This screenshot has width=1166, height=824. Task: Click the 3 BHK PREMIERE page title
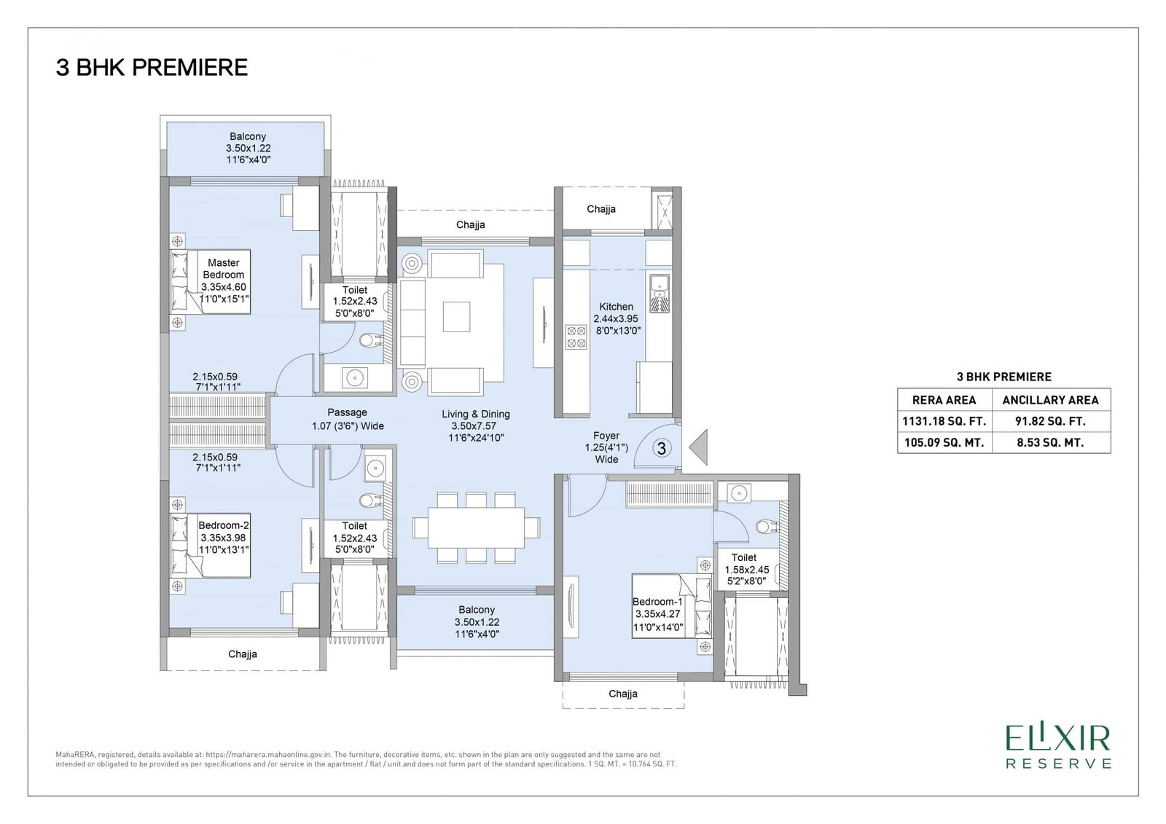(152, 68)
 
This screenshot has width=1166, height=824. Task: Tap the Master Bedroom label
(224, 280)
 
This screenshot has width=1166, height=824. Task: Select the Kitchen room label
(617, 318)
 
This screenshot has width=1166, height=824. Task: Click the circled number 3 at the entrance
(661, 448)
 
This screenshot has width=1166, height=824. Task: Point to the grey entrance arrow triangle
(699, 447)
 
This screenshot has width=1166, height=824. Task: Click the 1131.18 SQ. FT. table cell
(944, 421)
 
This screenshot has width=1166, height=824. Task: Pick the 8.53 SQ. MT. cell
(1051, 442)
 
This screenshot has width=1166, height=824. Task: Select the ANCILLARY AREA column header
(1050, 400)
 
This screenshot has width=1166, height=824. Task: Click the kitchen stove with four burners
(576, 337)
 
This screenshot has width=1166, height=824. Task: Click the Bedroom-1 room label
(657, 614)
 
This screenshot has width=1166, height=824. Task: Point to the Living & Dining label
(476, 425)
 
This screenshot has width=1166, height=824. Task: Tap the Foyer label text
(606, 447)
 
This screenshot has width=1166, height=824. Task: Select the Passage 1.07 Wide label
(348, 419)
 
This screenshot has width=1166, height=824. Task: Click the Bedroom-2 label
(224, 537)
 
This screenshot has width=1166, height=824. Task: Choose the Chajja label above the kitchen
(601, 209)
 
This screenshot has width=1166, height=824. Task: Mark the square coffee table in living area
(456, 316)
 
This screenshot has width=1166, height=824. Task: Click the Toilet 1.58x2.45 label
(746, 569)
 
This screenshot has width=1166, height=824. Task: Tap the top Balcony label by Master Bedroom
(248, 148)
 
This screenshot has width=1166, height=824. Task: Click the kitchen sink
(659, 293)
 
